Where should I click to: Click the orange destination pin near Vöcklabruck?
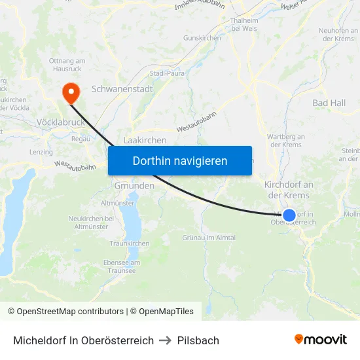click(x=69, y=92)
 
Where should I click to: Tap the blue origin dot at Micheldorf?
click(x=289, y=215)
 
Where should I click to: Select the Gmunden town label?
click(x=134, y=186)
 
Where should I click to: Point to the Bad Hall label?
click(x=329, y=103)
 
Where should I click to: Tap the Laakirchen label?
click(x=145, y=140)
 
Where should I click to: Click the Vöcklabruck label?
click(x=60, y=122)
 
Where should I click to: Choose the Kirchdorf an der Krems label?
click(x=289, y=190)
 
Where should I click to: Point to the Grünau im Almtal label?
click(x=209, y=238)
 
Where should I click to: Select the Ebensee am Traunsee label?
click(x=121, y=266)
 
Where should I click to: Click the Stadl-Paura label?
click(x=167, y=73)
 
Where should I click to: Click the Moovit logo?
click(x=321, y=339)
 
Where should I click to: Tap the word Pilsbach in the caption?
click(x=198, y=340)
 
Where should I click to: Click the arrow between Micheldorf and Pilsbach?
click(x=166, y=340)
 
